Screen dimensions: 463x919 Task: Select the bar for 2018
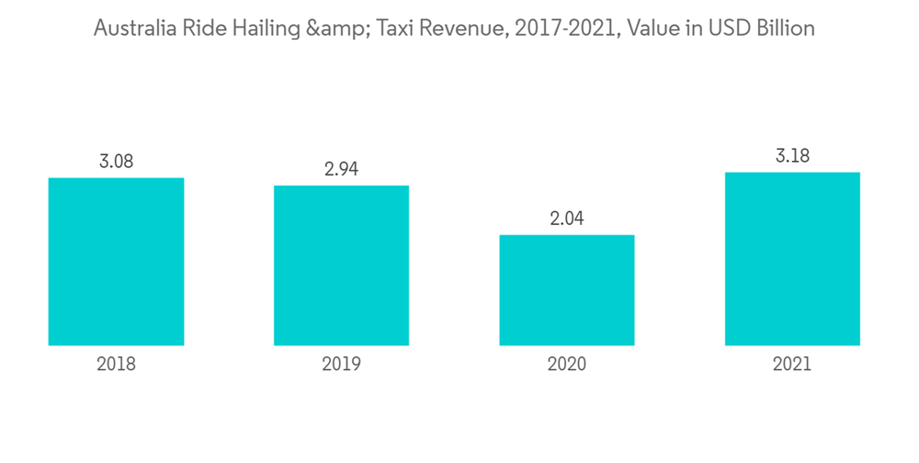pyautogui.click(x=116, y=261)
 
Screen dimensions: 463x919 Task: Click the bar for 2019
pyautogui.click(x=341, y=265)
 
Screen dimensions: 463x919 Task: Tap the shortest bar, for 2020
pyautogui.click(x=566, y=290)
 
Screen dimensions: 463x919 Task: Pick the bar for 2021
pyautogui.click(x=792, y=258)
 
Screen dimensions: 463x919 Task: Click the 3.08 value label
pyautogui.click(x=116, y=162)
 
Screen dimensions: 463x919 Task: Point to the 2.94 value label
pyautogui.click(x=341, y=169)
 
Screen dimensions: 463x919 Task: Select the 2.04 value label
pyautogui.click(x=566, y=219)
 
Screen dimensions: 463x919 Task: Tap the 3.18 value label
pyautogui.click(x=792, y=156)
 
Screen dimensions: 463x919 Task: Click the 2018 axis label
pyautogui.click(x=116, y=365)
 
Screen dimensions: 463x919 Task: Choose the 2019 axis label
pyautogui.click(x=341, y=365)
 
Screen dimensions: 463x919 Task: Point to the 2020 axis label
pyautogui.click(x=566, y=365)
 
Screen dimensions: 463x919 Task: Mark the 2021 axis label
pyautogui.click(x=792, y=365)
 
